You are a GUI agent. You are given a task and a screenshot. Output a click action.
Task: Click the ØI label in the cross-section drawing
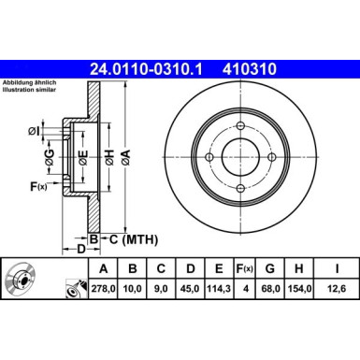(x=34, y=128)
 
